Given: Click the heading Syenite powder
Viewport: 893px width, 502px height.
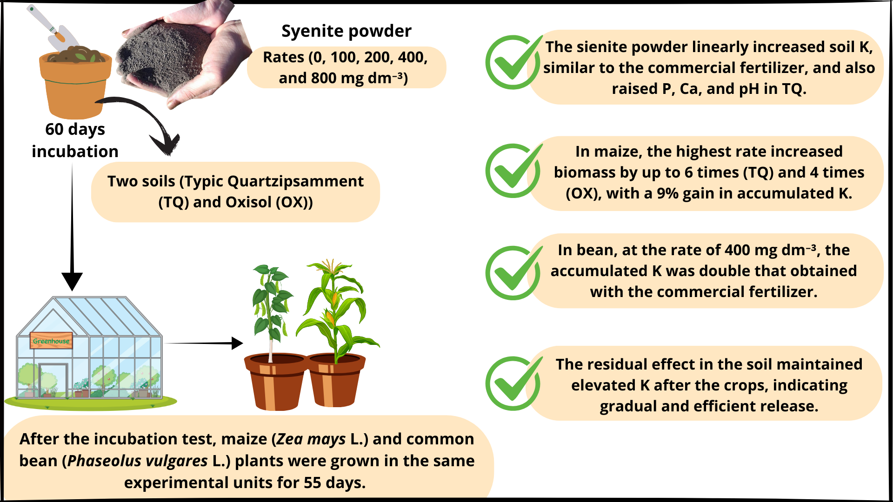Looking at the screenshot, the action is pos(347,31).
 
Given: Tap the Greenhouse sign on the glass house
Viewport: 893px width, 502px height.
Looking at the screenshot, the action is pos(51,341).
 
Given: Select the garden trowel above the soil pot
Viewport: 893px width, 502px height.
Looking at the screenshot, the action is pos(52,27).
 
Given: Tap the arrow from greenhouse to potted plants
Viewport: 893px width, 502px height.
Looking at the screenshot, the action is pos(204,343).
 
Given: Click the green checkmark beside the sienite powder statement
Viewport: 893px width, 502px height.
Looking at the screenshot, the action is pos(513,62).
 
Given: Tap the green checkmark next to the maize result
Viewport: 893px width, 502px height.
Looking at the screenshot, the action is pos(513,171).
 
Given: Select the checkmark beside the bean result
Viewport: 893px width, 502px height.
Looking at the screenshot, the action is pos(513,273).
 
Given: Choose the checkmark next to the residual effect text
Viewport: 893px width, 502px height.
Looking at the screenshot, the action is pos(513,383).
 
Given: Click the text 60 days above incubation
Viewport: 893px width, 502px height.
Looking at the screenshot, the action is pos(75,129).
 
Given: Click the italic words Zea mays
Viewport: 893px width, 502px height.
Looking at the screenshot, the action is pos(311,439).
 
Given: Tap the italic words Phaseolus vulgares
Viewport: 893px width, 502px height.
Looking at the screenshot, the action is pos(137,461).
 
